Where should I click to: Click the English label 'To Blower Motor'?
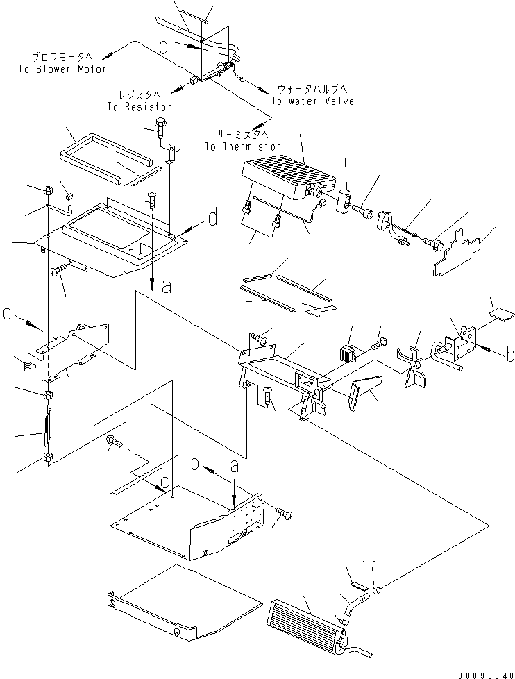(62, 69)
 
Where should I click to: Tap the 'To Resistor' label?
(139, 107)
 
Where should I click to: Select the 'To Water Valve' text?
(312, 101)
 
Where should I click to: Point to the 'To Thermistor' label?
(242, 146)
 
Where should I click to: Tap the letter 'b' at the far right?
(510, 354)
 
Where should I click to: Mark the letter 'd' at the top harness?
(164, 47)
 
